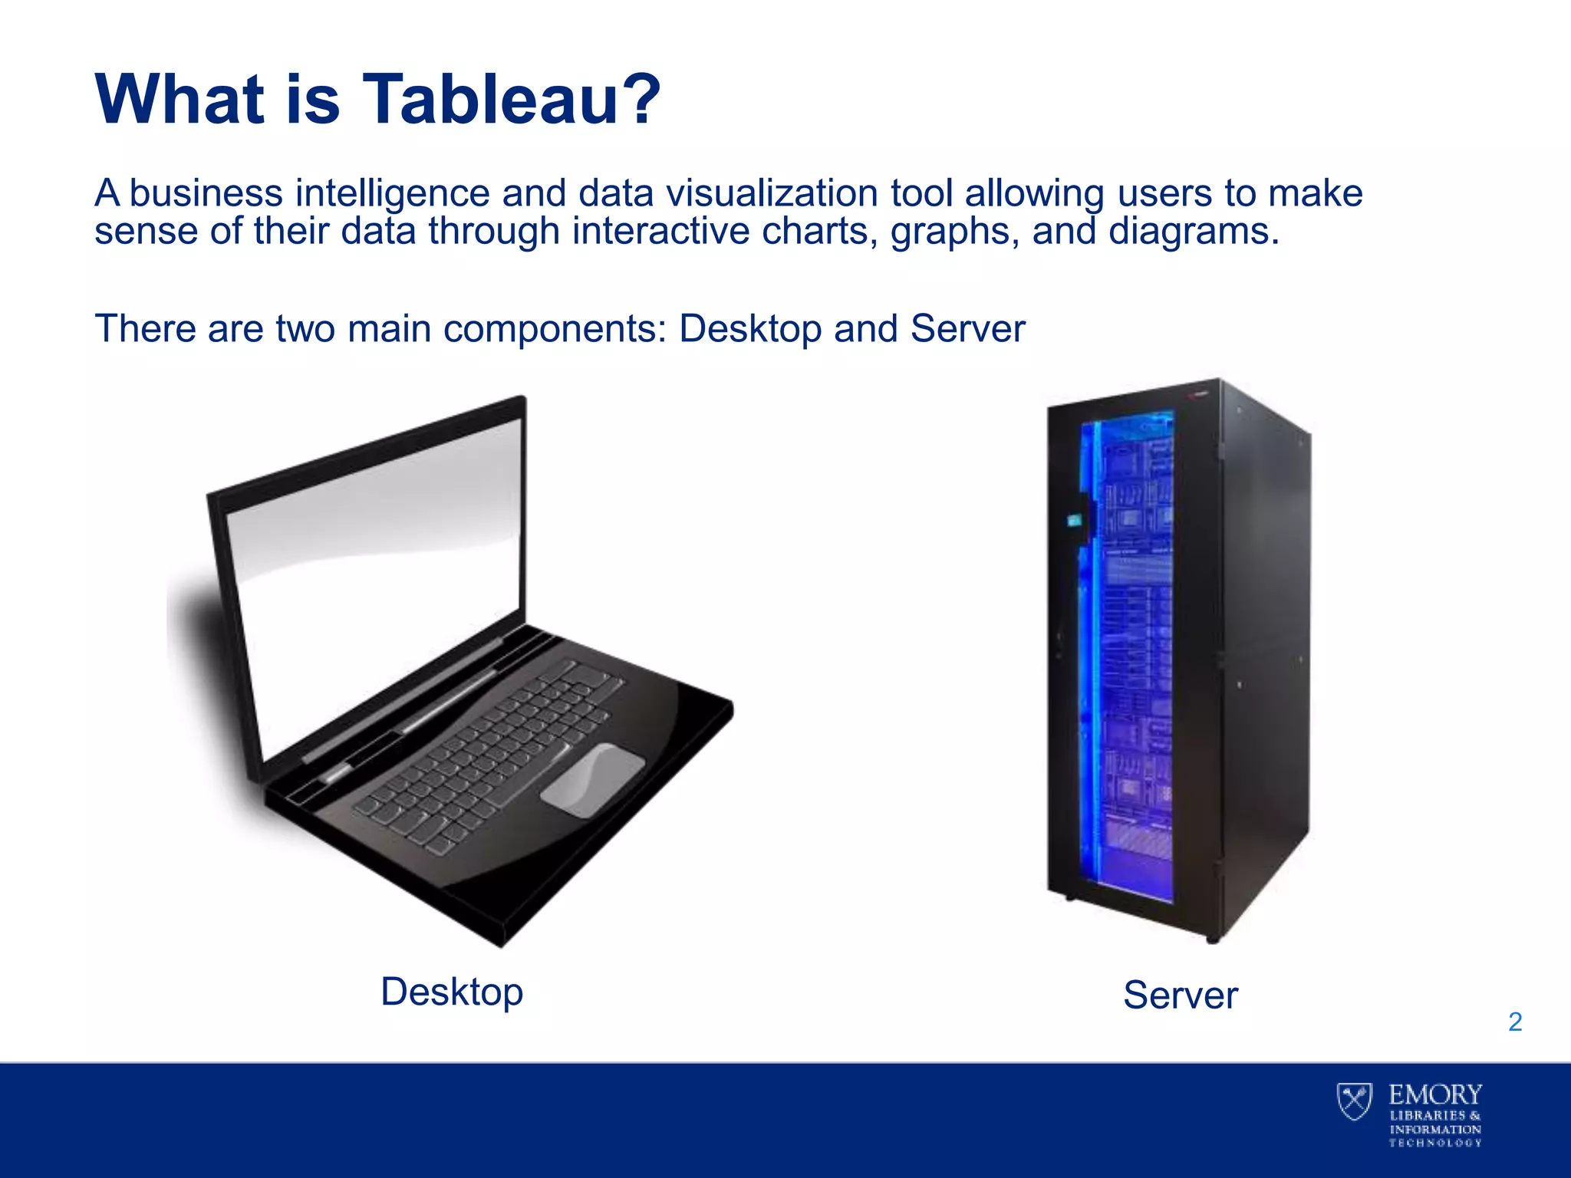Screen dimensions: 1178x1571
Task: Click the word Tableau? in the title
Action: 510,100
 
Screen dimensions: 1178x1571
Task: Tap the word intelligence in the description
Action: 392,193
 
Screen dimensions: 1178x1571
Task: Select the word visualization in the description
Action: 772,193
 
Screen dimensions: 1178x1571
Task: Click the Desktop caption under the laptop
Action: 452,992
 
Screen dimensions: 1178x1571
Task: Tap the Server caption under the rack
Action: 1180,995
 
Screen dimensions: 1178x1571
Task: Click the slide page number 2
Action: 1515,1022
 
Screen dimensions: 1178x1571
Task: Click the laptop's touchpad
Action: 593,779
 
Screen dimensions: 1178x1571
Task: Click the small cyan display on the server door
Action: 1075,522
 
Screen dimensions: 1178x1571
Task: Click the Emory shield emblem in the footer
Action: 1355,1101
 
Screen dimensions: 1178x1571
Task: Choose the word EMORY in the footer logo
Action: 1435,1094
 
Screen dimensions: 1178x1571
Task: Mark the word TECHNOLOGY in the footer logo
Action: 1435,1143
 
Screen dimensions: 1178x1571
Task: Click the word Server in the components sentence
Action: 968,329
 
